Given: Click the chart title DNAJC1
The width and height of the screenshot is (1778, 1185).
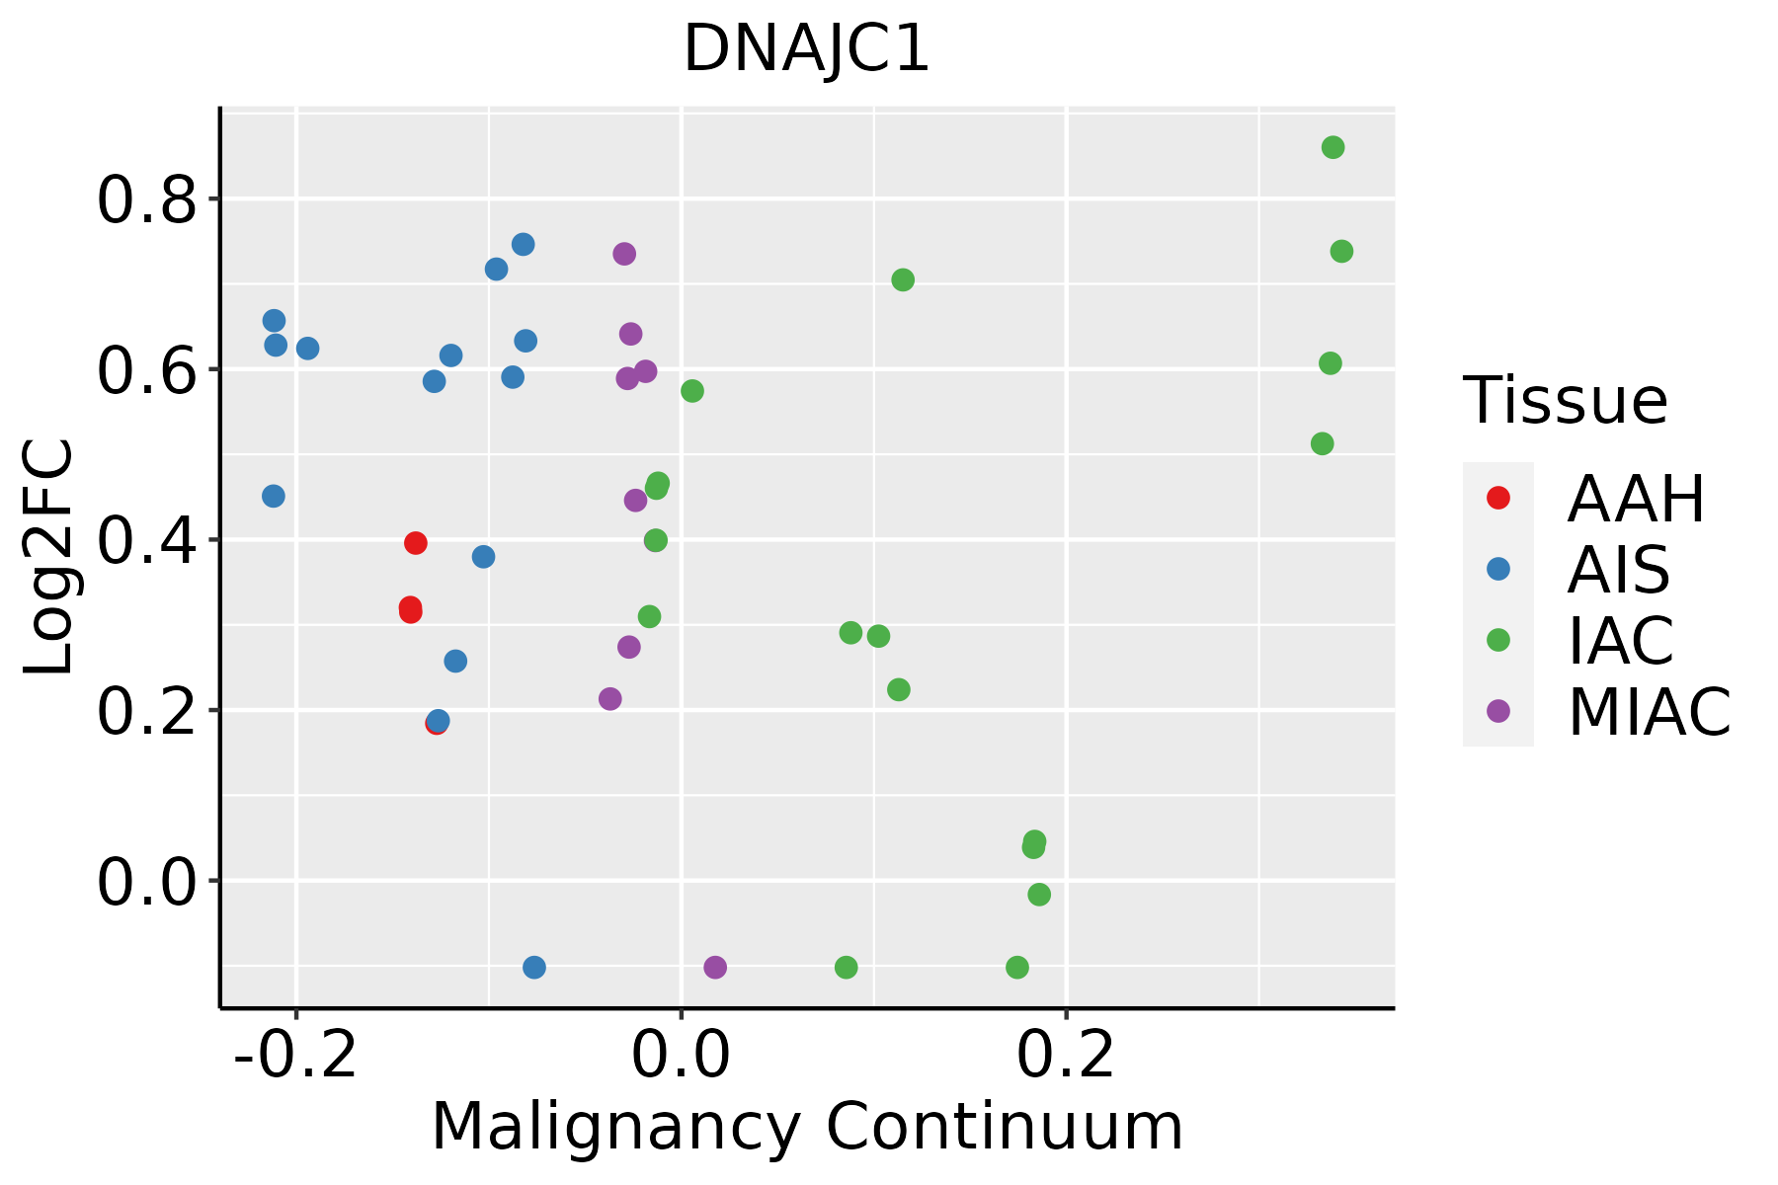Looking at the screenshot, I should pyautogui.click(x=806, y=49).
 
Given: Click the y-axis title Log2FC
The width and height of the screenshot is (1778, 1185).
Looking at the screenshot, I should pyautogui.click(x=49, y=558).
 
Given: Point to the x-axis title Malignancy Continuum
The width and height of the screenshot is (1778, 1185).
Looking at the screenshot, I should pyautogui.click(x=806, y=1127).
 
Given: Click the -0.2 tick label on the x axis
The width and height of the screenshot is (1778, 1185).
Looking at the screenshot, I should pyautogui.click(x=294, y=1056).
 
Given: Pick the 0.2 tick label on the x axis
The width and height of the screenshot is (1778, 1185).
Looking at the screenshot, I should pyautogui.click(x=1066, y=1056).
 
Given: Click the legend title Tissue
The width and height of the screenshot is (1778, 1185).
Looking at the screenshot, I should pyautogui.click(x=1566, y=402).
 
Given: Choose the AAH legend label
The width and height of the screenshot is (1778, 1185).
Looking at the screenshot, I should pyautogui.click(x=1636, y=499).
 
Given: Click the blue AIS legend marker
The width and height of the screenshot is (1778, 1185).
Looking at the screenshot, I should pyautogui.click(x=1498, y=569).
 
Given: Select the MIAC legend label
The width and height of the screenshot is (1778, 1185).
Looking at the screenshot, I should pyautogui.click(x=1649, y=712).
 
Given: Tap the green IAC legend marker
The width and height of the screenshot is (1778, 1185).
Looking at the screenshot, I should pyautogui.click(x=1498, y=640).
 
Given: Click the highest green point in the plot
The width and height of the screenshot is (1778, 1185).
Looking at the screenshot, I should pyautogui.click(x=1333, y=148).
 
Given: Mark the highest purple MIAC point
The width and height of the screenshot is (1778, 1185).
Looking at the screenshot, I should pyautogui.click(x=624, y=254).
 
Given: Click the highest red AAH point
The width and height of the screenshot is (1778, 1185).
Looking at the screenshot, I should pyautogui.click(x=416, y=543).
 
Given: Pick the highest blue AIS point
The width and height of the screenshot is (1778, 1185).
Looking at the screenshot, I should pyautogui.click(x=524, y=244).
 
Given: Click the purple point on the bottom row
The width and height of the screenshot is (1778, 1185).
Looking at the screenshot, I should pyautogui.click(x=715, y=967).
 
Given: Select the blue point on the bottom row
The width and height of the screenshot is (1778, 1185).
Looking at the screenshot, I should pyautogui.click(x=534, y=967).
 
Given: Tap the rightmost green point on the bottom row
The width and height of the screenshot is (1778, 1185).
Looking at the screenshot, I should pyautogui.click(x=1017, y=967).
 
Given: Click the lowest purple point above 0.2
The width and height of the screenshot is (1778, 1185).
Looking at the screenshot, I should pyautogui.click(x=610, y=699).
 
